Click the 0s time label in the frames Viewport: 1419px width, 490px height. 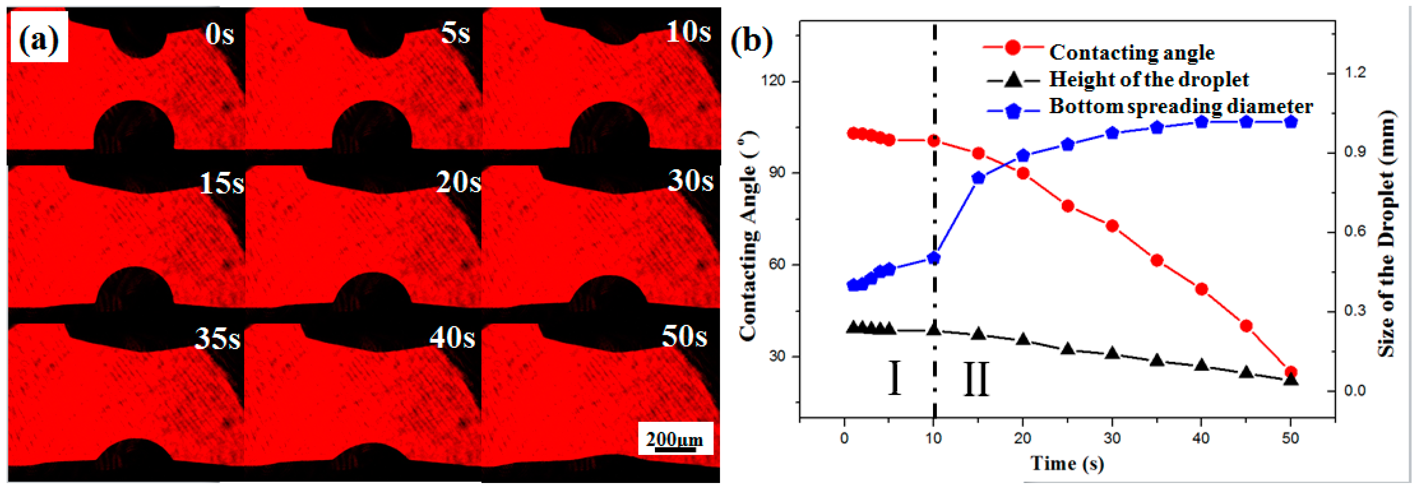pyautogui.click(x=219, y=35)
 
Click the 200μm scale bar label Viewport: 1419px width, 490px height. pyautogui.click(x=675, y=439)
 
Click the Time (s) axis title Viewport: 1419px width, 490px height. pyautogui.click(x=1068, y=463)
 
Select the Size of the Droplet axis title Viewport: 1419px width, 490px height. pyautogui.click(x=1387, y=234)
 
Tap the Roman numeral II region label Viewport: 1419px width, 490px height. pyautogui.click(x=976, y=379)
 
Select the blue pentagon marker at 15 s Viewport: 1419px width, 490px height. pyautogui.click(x=978, y=178)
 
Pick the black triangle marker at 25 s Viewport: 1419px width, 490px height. pyautogui.click(x=1068, y=349)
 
